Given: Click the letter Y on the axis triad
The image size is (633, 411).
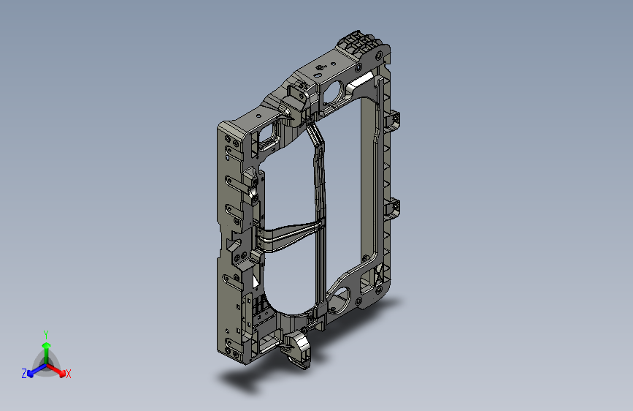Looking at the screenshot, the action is point(46,335).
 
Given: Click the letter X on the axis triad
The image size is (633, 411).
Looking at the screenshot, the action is point(68,374).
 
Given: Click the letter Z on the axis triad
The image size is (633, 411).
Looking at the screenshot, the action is point(24,374).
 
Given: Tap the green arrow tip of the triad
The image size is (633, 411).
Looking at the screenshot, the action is point(47,345).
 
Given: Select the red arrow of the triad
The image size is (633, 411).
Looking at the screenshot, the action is point(56,370).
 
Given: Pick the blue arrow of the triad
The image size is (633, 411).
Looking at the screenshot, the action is point(37,370).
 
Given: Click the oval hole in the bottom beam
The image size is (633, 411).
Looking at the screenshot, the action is point(338,300).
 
